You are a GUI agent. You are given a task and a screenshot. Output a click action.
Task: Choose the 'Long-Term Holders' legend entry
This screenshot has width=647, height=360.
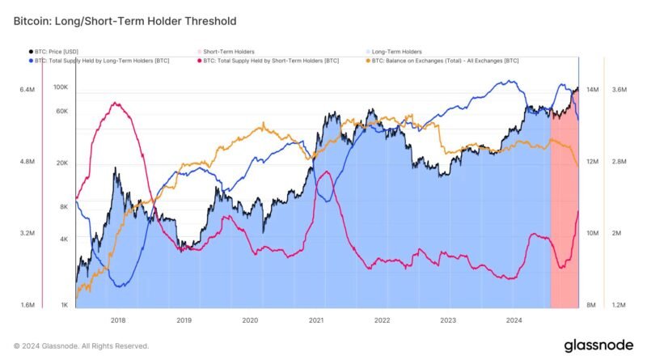pyautogui.click(x=396, y=52)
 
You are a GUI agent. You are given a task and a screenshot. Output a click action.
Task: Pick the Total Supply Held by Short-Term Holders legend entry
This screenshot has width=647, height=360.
pyautogui.click(x=270, y=61)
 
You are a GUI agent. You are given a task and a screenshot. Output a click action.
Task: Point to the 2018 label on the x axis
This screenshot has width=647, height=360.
pyautogui.click(x=117, y=320)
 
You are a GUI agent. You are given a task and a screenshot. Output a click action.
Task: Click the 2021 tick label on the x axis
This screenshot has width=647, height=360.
pyautogui.click(x=316, y=320)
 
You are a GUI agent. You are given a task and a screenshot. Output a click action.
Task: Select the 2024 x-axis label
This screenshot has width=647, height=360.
pyautogui.click(x=514, y=320)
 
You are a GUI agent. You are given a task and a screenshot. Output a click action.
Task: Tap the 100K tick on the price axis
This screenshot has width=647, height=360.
pyautogui.click(x=61, y=87)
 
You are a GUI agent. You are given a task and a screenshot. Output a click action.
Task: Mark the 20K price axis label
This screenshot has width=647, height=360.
pyautogui.click(x=62, y=163)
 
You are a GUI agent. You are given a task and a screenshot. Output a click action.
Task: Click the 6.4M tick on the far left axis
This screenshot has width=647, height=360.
pyautogui.click(x=27, y=90)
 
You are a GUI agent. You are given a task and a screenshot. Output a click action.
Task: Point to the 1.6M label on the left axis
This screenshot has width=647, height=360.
pyautogui.click(x=27, y=305)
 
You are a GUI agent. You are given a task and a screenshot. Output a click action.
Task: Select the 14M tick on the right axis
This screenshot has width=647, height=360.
pyautogui.click(x=592, y=90)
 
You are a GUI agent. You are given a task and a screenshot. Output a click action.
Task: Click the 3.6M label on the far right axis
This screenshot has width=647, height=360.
pyautogui.click(x=620, y=90)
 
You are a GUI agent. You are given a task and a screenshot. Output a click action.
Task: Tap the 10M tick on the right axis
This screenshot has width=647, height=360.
pyautogui.click(x=592, y=233)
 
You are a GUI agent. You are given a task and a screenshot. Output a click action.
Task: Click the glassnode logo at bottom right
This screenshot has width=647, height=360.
pyautogui.click(x=598, y=345)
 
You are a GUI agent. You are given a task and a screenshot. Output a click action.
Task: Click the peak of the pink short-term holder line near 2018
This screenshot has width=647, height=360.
pyautogui.click(x=118, y=103)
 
